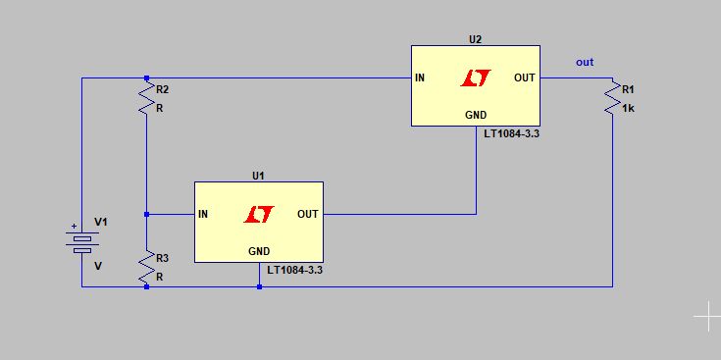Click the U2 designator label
point(476,39)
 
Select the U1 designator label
point(258,176)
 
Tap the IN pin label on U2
point(420,77)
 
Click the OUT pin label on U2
point(524,77)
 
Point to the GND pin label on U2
point(476,115)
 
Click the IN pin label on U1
point(203,214)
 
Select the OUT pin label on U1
point(307,214)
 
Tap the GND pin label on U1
point(259,251)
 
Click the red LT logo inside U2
point(476,77)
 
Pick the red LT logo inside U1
point(259,214)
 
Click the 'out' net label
point(585,63)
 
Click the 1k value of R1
point(629,108)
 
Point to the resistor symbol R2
point(146,96)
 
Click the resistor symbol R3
point(146,267)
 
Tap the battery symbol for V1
point(81,241)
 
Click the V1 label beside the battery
point(100,222)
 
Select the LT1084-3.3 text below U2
point(512,133)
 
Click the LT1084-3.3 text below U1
point(295,270)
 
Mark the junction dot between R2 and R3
point(146,214)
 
